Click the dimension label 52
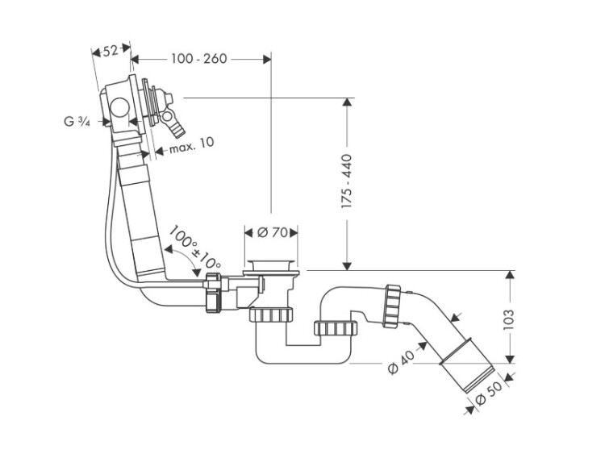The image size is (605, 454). (x=111, y=50)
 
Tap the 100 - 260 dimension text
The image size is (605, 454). (x=198, y=58)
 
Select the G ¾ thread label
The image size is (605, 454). (x=76, y=123)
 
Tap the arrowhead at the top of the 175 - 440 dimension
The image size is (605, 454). (x=347, y=103)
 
